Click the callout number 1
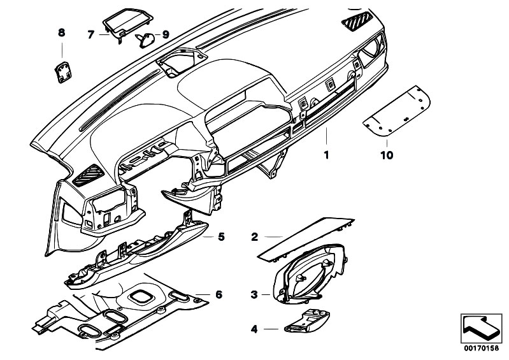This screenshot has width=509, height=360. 326,155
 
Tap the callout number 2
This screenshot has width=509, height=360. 255,237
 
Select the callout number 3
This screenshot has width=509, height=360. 254,295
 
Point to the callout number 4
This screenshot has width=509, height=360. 254,329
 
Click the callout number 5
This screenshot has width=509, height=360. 221,237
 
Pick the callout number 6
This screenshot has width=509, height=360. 219,295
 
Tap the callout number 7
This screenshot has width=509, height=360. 91,34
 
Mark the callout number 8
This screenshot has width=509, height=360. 61,32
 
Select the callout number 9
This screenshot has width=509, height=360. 166,34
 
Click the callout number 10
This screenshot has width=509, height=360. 387,155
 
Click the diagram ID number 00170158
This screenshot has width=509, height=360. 481,349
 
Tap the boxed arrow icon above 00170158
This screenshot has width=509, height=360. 482,329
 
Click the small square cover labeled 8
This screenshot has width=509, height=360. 63,72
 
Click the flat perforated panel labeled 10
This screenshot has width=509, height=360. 396,110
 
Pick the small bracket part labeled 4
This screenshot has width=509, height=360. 307,321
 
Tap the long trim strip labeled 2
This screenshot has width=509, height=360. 306,239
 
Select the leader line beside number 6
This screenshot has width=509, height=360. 203,294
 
